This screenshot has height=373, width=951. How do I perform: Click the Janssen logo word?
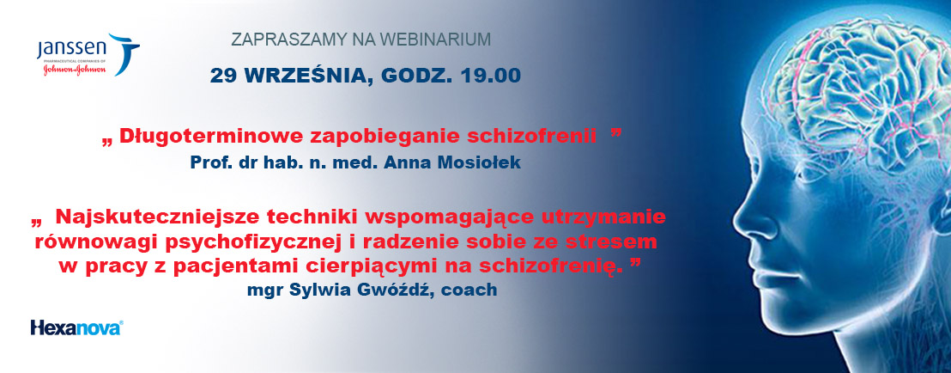coord(71,49)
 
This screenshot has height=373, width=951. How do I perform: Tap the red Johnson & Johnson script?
coord(75,70)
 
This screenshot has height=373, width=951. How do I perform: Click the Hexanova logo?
coord(77,328)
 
